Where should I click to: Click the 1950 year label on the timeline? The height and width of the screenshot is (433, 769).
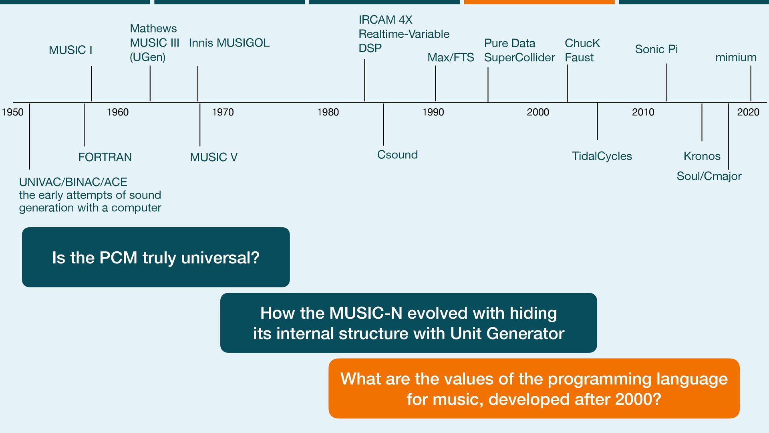[13, 112]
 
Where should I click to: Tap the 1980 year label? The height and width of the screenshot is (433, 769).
[328, 112]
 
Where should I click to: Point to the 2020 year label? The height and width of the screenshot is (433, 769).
[748, 112]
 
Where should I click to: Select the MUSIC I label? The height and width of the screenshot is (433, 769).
[70, 50]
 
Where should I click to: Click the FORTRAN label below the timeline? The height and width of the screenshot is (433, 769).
[105, 157]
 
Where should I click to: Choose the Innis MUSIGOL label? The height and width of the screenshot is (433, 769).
[229, 43]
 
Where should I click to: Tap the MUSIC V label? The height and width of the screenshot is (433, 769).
[213, 157]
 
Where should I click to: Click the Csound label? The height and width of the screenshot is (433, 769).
[397, 155]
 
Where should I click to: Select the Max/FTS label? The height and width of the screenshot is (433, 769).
[451, 57]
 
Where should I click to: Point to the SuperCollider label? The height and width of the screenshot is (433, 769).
[519, 57]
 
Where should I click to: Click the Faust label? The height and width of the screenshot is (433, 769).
[579, 57]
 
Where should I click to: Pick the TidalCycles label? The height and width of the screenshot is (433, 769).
[602, 156]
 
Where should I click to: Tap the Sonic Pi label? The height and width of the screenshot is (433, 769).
[656, 49]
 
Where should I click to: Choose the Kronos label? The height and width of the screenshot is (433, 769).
[702, 156]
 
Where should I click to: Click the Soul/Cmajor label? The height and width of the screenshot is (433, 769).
[709, 176]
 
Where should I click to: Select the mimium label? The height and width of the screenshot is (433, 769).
[736, 57]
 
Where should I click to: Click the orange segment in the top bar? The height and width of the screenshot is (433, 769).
[539, 2]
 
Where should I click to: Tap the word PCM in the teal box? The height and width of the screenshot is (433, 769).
[118, 257]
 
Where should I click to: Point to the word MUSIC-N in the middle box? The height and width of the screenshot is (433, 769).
[366, 313]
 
